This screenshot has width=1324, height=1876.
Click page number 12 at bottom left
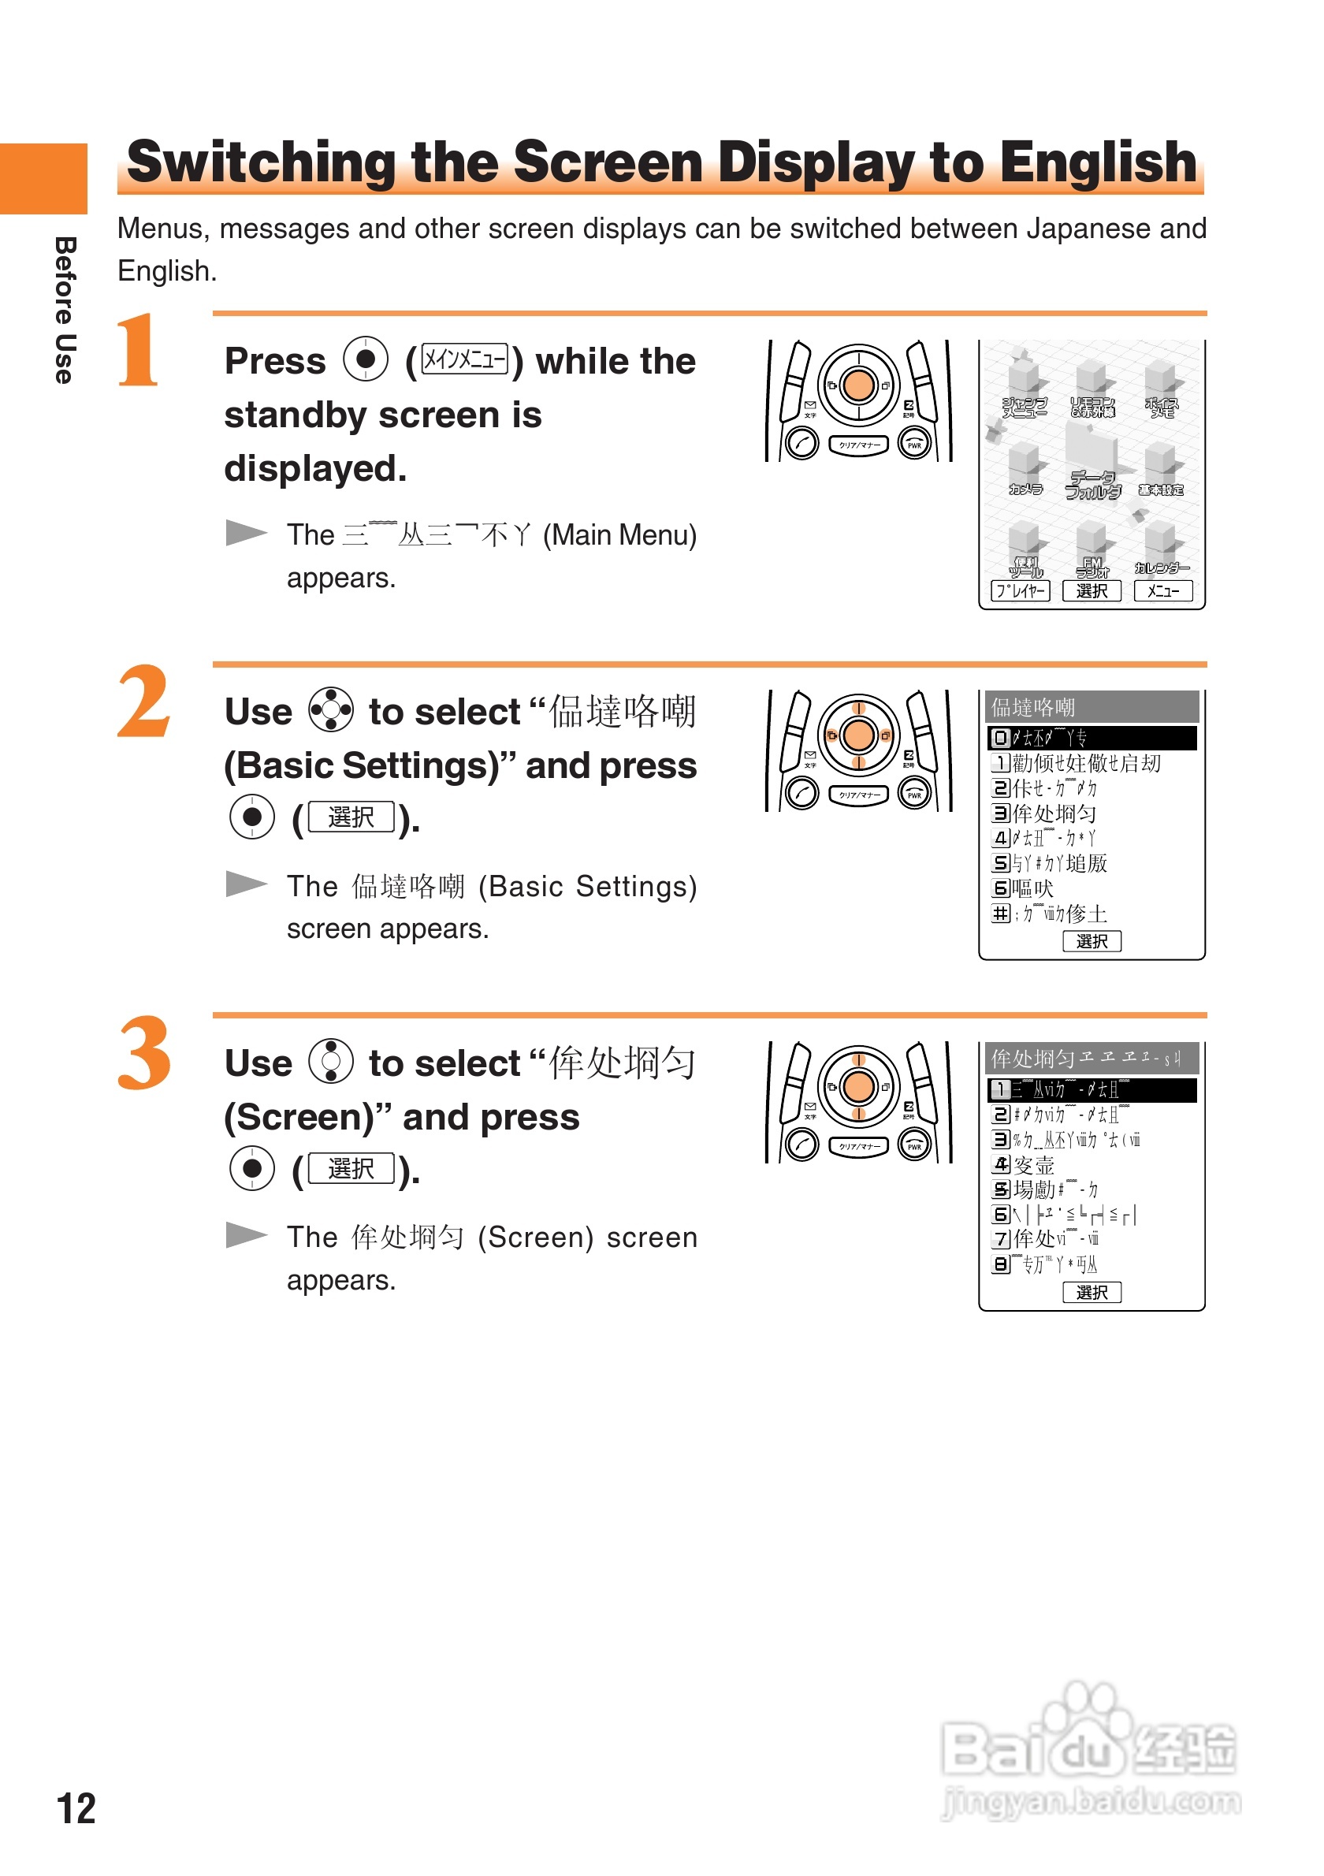pos(75,1808)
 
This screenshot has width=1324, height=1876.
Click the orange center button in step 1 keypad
pos(857,385)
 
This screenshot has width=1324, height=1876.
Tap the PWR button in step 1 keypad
pos(913,444)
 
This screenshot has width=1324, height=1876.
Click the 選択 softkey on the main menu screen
pos(1092,590)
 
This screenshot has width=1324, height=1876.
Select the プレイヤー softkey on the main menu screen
pos(1019,590)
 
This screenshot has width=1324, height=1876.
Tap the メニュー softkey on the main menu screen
pos(1162,590)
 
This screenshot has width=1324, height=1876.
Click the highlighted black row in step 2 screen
pos(1092,738)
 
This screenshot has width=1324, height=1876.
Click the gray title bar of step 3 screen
pos(1092,1058)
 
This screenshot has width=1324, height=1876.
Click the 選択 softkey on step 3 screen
pos(1092,1292)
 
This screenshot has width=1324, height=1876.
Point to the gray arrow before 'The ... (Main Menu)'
pos(246,533)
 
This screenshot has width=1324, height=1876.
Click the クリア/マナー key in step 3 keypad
pos(857,1146)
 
